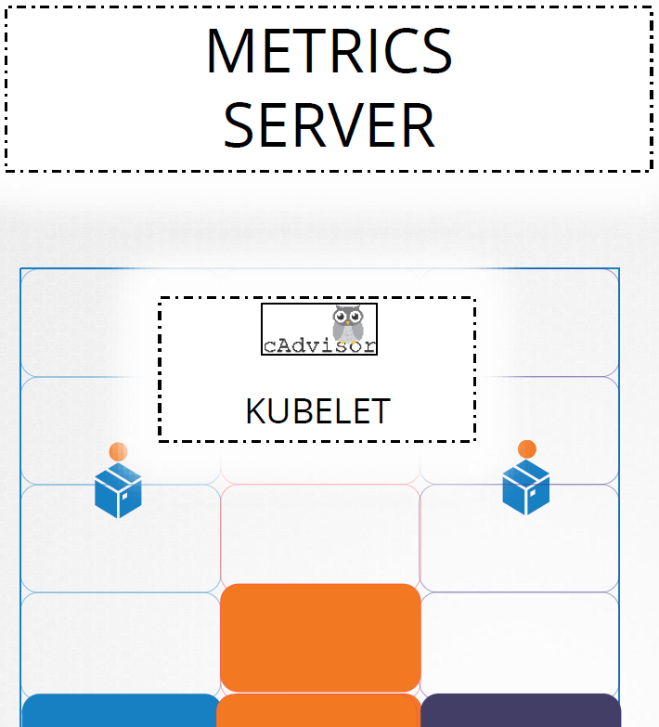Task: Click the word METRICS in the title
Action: pyautogui.click(x=329, y=50)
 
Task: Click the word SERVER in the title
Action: pyautogui.click(x=329, y=125)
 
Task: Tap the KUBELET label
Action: pyautogui.click(x=318, y=410)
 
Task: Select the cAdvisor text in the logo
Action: pyautogui.click(x=319, y=345)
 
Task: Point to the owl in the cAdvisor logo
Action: pyautogui.click(x=348, y=323)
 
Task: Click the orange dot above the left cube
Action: pyautogui.click(x=118, y=451)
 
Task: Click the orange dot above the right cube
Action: pyautogui.click(x=527, y=449)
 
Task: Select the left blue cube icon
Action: pyautogui.click(x=118, y=490)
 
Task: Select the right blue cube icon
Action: pyautogui.click(x=526, y=487)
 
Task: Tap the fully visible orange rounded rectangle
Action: pyautogui.click(x=321, y=638)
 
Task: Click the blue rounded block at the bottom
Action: pyautogui.click(x=121, y=710)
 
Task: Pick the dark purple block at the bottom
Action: pyautogui.click(x=521, y=710)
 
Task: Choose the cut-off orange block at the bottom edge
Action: pyautogui.click(x=319, y=710)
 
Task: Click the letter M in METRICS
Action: pyautogui.click(x=230, y=50)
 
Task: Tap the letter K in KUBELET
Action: pyautogui.click(x=255, y=410)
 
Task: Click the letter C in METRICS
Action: pyautogui.click(x=399, y=50)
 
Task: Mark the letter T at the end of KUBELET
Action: pyautogui.click(x=381, y=410)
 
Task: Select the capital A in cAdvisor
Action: pyautogui.click(x=284, y=345)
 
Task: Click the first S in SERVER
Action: pyautogui.click(x=239, y=125)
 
